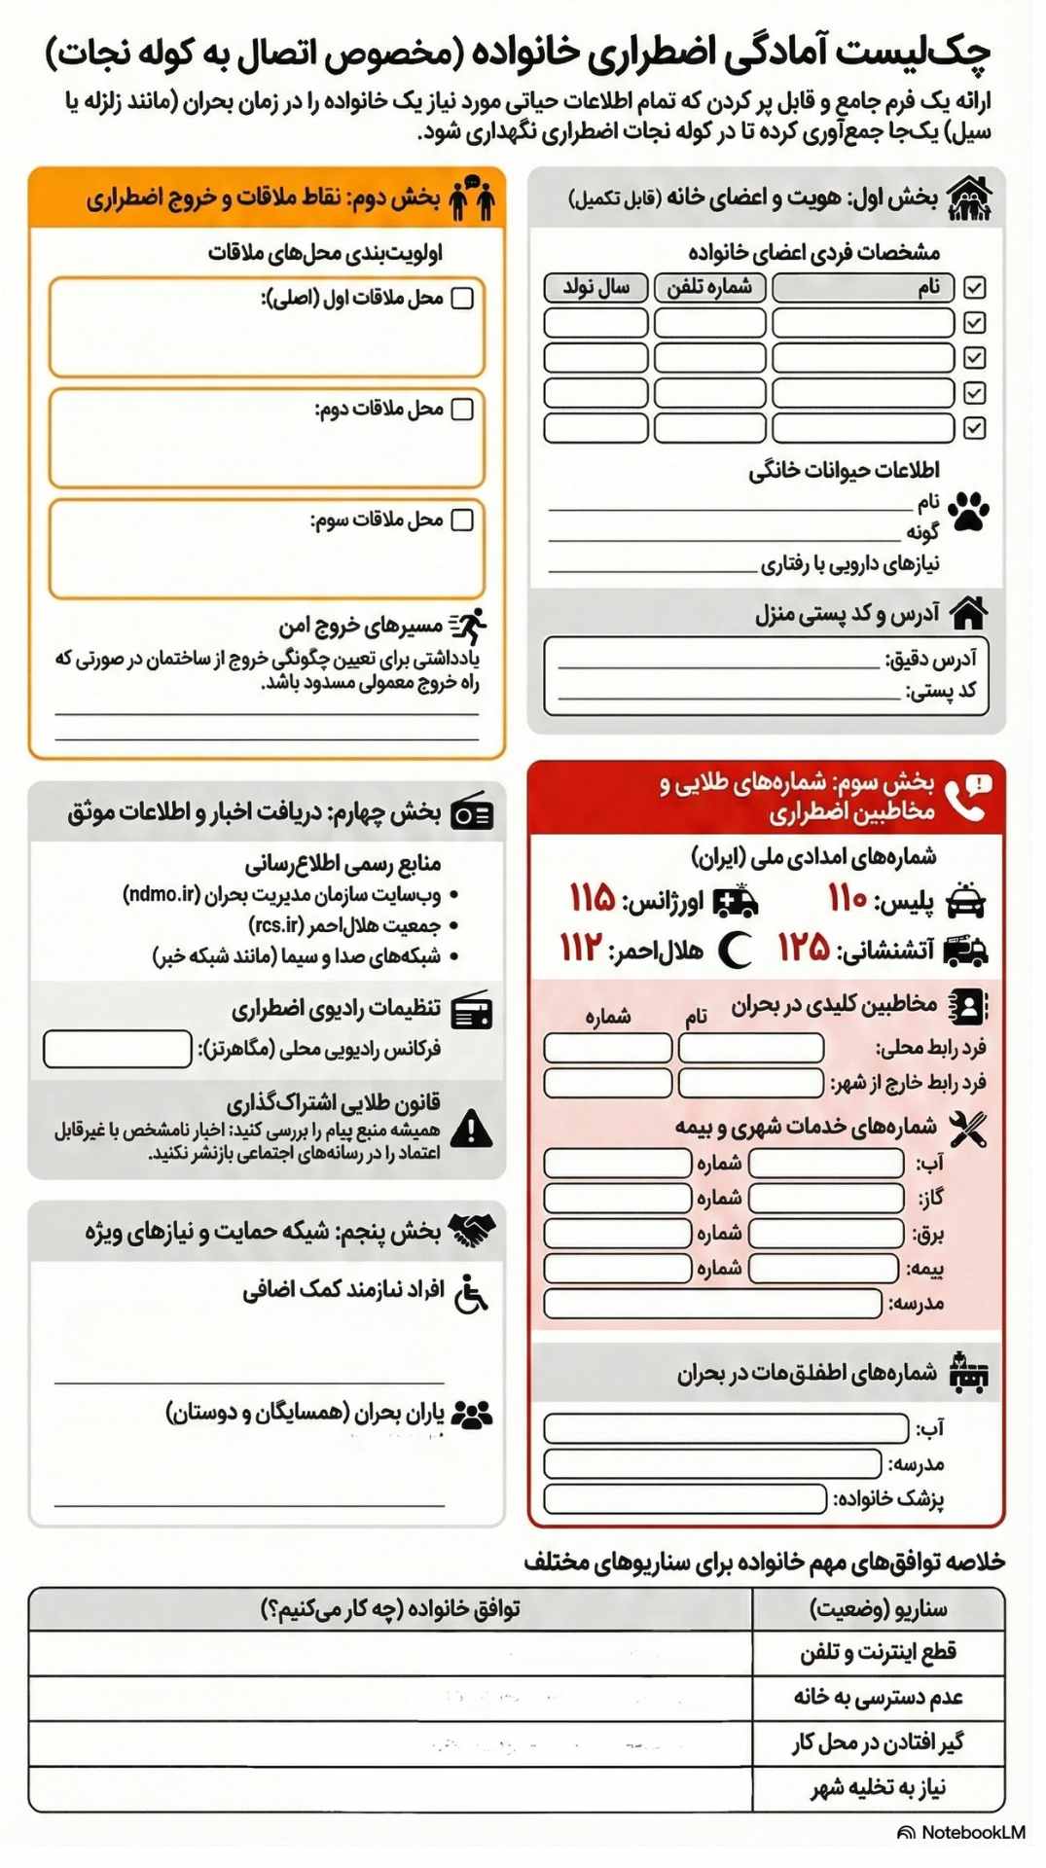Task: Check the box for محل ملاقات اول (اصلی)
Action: (463, 298)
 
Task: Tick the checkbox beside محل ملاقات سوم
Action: (463, 520)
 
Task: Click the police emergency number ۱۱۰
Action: (847, 899)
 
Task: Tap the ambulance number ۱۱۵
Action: (592, 898)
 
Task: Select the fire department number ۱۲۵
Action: (803, 947)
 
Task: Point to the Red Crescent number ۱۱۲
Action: (581, 947)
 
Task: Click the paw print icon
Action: (968, 512)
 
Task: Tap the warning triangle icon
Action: (473, 1129)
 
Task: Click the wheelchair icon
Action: (472, 1293)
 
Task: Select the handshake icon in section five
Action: (473, 1231)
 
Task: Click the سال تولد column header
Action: (595, 288)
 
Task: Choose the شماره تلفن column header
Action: (710, 288)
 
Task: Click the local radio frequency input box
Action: (118, 1049)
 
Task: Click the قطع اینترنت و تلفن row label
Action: (878, 1652)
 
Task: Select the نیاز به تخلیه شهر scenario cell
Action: (878, 1788)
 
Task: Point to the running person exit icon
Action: (470, 626)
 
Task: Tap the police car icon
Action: (965, 901)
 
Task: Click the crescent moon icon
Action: (736, 950)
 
